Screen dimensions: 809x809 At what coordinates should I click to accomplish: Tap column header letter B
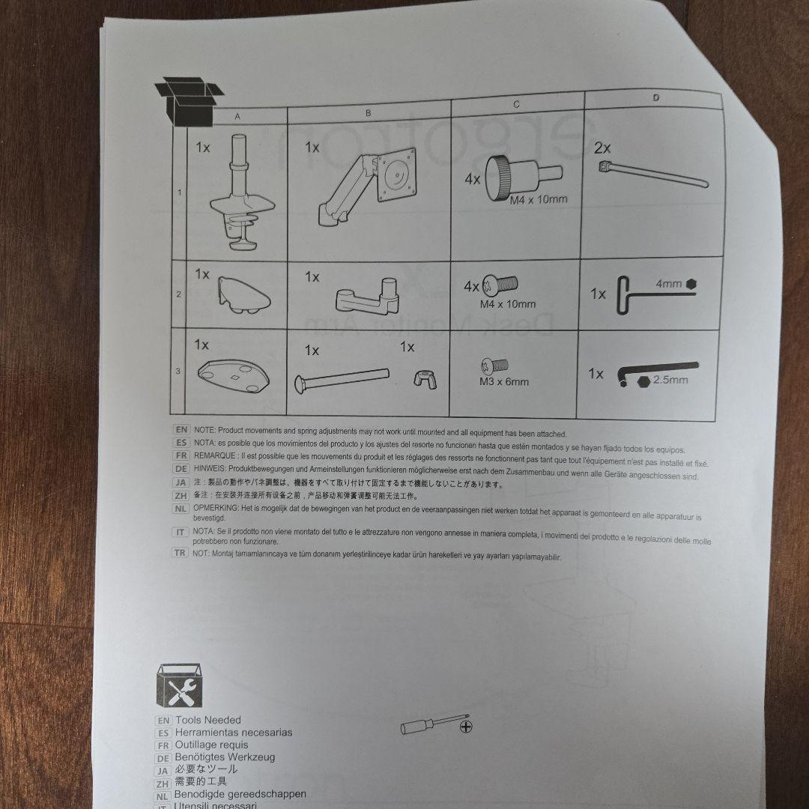click(368, 113)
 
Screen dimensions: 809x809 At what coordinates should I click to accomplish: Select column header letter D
click(655, 97)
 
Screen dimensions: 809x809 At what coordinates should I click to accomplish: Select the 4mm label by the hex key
click(669, 284)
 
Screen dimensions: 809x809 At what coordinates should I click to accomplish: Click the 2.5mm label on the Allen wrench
click(670, 380)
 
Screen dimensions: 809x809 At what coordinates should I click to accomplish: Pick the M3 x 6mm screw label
click(504, 382)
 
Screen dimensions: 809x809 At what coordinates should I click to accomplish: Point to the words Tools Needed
click(208, 720)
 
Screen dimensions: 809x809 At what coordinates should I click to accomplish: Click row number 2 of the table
click(178, 294)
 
